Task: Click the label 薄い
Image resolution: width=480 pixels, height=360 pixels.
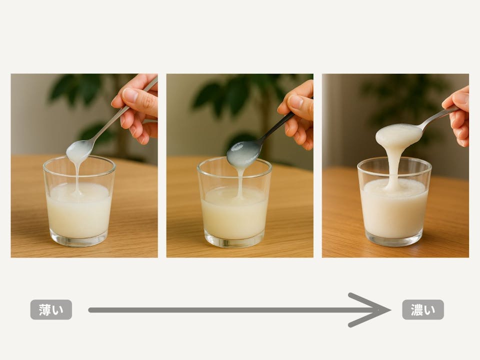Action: coord(51,309)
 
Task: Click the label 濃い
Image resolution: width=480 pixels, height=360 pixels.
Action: coord(423,309)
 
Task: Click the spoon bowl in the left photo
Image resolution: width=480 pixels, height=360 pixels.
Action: coord(78,150)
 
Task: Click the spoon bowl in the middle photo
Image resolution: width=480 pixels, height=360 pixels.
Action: coord(243,153)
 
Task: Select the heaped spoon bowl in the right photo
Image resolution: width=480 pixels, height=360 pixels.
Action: coord(398,134)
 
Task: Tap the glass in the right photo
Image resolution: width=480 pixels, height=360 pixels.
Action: coord(394,202)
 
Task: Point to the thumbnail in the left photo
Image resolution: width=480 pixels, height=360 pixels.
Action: coord(130,94)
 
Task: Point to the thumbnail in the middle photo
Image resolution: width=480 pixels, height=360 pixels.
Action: coord(295,102)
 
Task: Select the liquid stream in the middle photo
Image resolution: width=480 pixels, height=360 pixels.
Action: coord(240,182)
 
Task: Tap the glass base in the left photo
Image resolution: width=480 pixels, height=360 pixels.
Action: coord(79,240)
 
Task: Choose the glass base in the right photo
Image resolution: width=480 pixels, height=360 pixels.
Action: coord(394,240)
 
